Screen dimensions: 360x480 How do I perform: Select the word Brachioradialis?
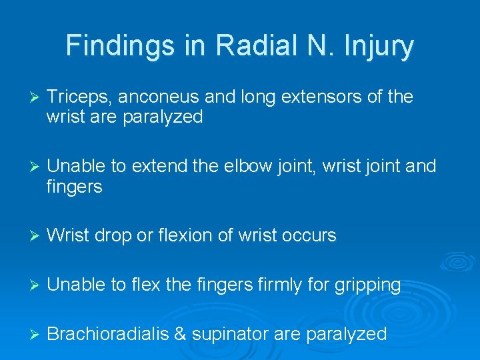click(x=108, y=334)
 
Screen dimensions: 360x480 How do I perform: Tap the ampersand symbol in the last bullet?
click(x=180, y=334)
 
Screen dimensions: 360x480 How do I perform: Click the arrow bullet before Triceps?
click(x=27, y=98)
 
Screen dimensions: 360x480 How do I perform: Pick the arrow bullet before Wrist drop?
click(x=27, y=236)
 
